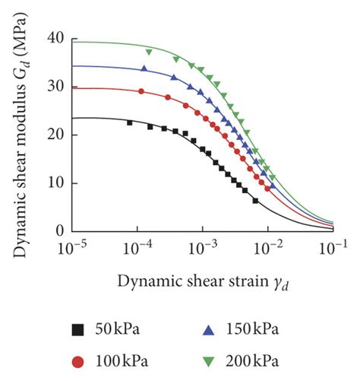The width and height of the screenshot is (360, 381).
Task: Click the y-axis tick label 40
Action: pos(55,38)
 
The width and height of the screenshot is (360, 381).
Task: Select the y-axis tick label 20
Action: pos(55,135)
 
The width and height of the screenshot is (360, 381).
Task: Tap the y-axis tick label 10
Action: pos(55,183)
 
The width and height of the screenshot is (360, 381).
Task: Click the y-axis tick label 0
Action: pos(58,231)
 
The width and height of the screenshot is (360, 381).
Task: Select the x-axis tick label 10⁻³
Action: pos(202,247)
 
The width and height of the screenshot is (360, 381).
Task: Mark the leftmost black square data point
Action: pos(130,122)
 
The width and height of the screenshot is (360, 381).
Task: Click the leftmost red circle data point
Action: pos(141,91)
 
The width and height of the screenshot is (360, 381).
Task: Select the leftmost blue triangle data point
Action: pos(144,68)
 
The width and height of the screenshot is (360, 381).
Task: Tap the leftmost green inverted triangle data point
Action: pos(149,52)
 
